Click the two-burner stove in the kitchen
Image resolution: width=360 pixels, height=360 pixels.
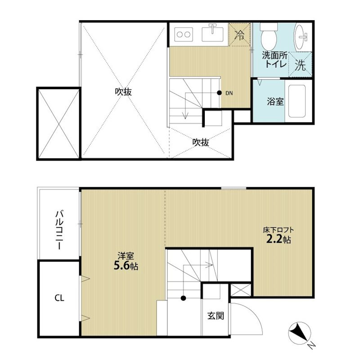pyautogui.click(x=184, y=35)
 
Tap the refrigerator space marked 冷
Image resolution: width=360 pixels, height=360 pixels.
pyautogui.click(x=239, y=35)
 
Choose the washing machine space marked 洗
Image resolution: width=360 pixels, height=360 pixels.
pyautogui.click(x=300, y=65)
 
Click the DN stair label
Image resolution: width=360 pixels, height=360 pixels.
pyautogui.click(x=229, y=93)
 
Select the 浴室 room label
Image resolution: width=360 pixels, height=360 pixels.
pyautogui.click(x=275, y=101)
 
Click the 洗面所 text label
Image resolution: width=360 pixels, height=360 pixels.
pyautogui.click(x=274, y=55)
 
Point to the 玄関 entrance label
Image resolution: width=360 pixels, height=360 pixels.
pyautogui.click(x=216, y=316)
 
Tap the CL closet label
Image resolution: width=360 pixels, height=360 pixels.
pyautogui.click(x=59, y=298)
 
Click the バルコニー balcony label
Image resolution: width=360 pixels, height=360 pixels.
pyautogui.click(x=59, y=230)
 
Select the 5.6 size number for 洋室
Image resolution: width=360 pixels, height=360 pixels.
pyautogui.click(x=121, y=266)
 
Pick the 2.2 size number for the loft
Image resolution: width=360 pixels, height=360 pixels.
pyautogui.click(x=274, y=239)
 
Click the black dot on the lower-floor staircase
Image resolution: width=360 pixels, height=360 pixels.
pyautogui.click(x=183, y=298)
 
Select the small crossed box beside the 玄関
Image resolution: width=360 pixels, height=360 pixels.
pyautogui.click(x=241, y=290)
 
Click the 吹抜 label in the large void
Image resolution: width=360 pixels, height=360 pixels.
pyautogui.click(x=123, y=92)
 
